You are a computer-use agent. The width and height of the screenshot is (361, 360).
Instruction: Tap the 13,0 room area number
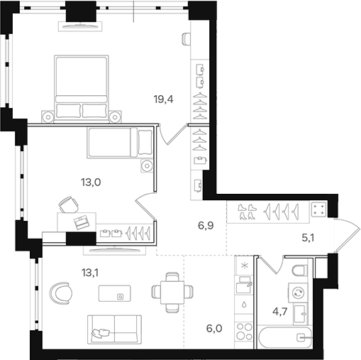[x=91, y=182]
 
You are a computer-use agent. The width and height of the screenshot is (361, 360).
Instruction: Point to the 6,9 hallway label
[x=206, y=227]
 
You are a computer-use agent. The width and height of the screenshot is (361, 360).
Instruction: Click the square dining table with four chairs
[x=170, y=290]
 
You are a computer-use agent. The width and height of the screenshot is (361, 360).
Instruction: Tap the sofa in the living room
[x=114, y=328]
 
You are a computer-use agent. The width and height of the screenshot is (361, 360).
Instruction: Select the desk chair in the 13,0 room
[x=67, y=205]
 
